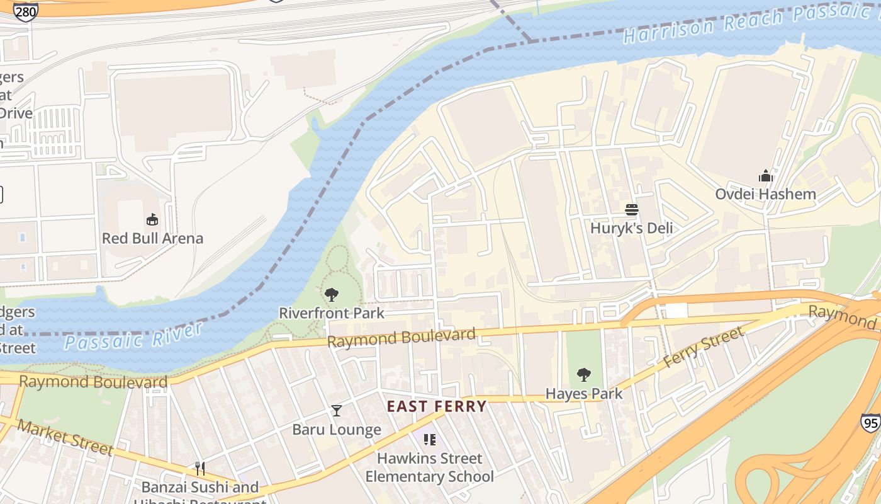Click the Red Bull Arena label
[x=152, y=238]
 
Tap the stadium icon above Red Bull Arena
[x=152, y=220]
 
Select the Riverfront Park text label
[x=331, y=312]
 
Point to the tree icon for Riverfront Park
[x=331, y=294]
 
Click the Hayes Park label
[x=583, y=394]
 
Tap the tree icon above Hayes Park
[x=583, y=375]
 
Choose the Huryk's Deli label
[x=631, y=228]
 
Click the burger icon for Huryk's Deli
[x=631, y=210]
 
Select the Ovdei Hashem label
[x=765, y=194]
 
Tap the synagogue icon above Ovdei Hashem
[x=765, y=176]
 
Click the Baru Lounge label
[x=337, y=430]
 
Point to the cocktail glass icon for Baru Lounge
[x=337, y=411]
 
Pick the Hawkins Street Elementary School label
[x=430, y=467]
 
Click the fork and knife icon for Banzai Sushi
[x=200, y=469]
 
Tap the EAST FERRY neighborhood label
[x=437, y=406]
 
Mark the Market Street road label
[x=65, y=437]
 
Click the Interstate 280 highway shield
[x=26, y=11]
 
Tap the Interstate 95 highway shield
[x=870, y=423]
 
